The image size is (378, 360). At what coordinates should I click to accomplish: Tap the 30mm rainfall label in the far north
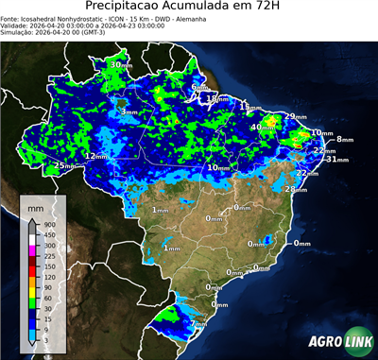click(x=120, y=64)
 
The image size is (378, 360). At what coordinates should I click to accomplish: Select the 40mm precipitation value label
click(x=259, y=127)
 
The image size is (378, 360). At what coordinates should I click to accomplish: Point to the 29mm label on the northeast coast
click(x=296, y=116)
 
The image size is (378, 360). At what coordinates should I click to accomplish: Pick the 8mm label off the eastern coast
click(x=343, y=139)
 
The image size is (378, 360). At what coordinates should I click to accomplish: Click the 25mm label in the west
click(x=63, y=165)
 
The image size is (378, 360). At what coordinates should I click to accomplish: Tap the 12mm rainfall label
click(x=95, y=156)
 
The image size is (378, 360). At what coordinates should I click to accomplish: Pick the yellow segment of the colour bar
click(x=32, y=286)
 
